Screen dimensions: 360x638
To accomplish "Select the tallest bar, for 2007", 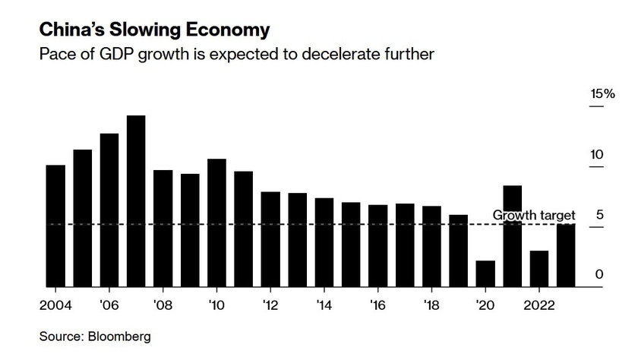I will click(136, 201).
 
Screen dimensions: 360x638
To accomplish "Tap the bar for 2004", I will click(55, 226).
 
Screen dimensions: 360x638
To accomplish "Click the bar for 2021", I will click(512, 235).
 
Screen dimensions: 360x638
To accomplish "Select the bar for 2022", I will click(539, 268).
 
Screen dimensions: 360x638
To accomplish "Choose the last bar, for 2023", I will click(566, 255).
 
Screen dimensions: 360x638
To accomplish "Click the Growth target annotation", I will click(534, 216).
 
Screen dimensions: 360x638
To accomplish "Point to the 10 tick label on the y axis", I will click(596, 155).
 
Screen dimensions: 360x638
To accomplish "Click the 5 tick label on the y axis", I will click(599, 215).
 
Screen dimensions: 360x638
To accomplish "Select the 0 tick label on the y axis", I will click(599, 274).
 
